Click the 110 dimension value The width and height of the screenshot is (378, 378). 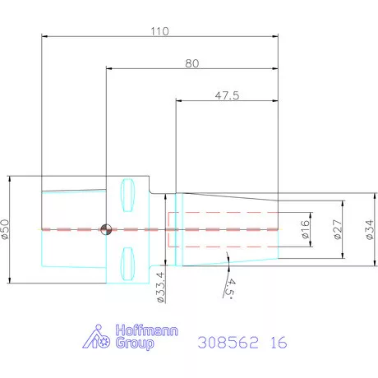click(x=159, y=31)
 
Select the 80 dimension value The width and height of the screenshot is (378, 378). click(x=191, y=63)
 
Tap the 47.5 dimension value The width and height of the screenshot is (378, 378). click(x=227, y=95)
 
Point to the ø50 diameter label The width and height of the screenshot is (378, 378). click(x=5, y=229)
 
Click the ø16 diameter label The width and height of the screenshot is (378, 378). click(x=305, y=229)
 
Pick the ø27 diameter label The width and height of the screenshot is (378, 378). click(x=338, y=229)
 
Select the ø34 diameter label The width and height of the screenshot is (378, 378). click(x=370, y=229)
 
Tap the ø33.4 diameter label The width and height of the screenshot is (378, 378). click(x=161, y=287)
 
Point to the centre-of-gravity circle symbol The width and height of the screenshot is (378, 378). click(x=106, y=229)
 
